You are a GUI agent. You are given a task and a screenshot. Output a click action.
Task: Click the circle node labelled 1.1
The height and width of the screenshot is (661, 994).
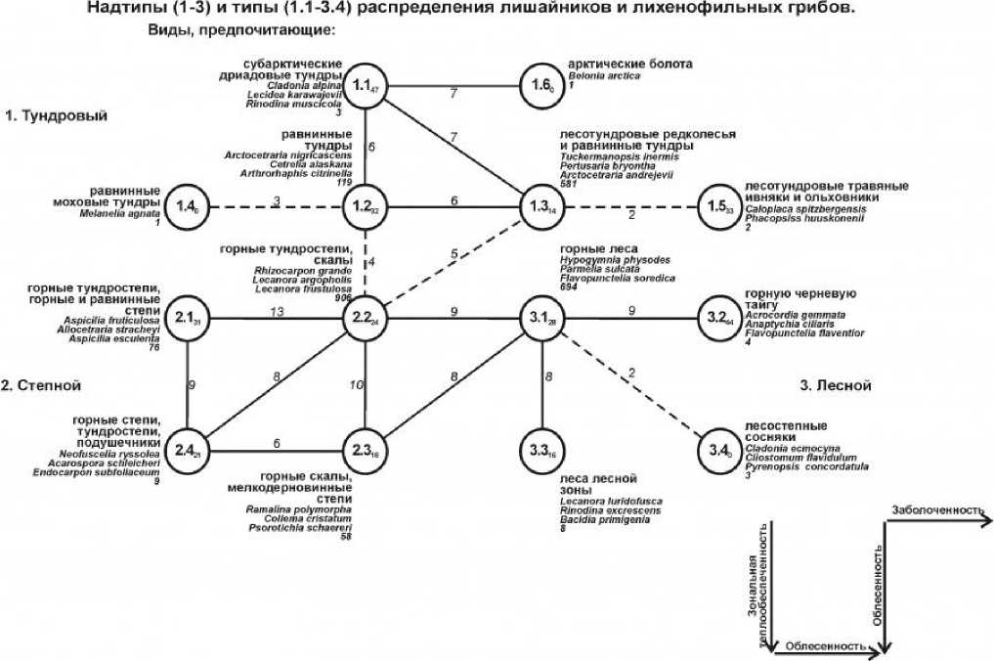(x=366, y=84)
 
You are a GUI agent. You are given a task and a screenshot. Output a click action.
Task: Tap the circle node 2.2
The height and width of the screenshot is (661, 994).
(x=366, y=319)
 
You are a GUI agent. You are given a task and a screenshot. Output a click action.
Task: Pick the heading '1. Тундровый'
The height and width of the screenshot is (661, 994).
(x=56, y=116)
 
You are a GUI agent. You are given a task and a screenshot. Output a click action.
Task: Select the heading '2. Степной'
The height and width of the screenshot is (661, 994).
(x=41, y=386)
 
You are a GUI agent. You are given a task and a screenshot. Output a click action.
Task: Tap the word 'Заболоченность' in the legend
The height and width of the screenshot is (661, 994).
(x=936, y=510)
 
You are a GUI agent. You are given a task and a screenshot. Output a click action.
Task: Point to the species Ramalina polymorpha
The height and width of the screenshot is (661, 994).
(x=298, y=509)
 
